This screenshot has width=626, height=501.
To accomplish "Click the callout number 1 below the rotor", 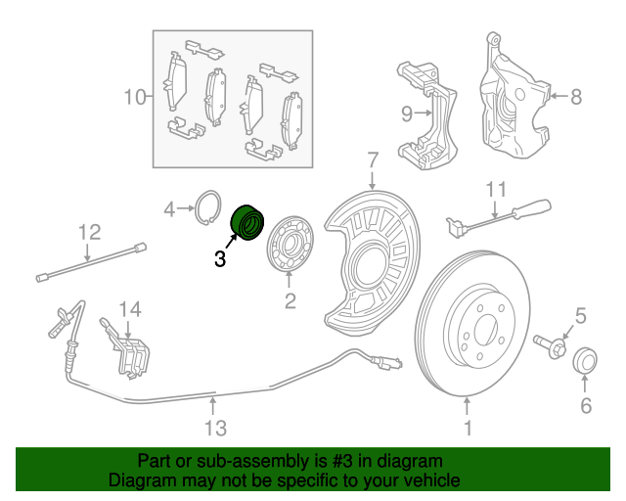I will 468,428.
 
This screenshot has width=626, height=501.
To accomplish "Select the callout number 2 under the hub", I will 290,301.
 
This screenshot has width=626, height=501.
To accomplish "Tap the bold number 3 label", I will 220,259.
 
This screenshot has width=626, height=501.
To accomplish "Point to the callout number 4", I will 169,208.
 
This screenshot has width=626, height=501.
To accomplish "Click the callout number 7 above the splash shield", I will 373,159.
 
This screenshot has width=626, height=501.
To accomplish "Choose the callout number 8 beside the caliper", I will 575,96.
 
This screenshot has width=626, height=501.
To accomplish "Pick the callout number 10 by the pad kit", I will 134,97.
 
